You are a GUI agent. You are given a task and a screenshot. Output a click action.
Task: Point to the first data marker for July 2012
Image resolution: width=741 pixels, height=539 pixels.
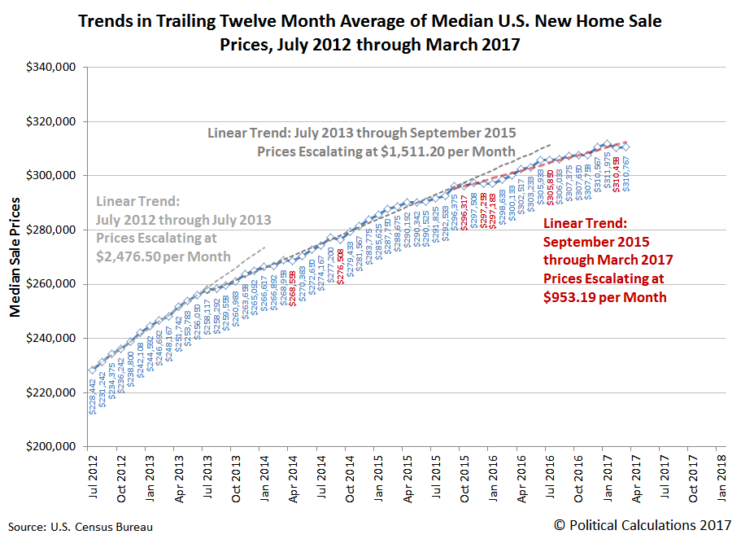tap(91, 370)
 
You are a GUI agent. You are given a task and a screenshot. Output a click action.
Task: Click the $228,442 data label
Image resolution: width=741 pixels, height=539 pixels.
tap(92, 397)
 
